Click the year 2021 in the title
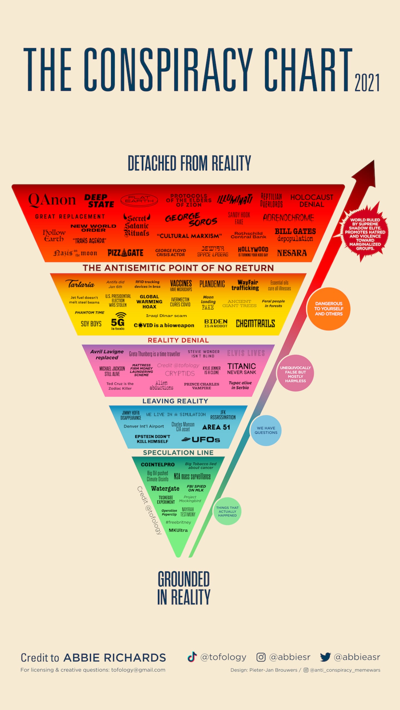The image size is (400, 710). pos(367,82)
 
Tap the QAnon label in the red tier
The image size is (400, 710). pos(52,200)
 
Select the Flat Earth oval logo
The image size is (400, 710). pos(139,200)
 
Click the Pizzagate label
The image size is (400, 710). pos(126,253)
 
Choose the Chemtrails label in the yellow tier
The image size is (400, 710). pos(255,324)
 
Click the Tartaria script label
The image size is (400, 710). pos(80,284)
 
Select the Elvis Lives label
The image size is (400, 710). pos(246,353)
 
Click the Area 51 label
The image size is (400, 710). pos(216,427)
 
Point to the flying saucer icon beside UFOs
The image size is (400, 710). pos(186,439)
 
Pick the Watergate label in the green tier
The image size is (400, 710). pos(165,489)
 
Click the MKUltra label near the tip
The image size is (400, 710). pos(178,530)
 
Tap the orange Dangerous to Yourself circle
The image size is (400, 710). pos(329,309)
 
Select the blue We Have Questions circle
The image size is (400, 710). pos(266,430)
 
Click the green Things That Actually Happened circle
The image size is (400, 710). pos(227,511)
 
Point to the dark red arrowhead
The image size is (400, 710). pos(366,173)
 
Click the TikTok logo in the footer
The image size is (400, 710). pos(192,657)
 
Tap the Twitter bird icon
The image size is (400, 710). pos(325,657)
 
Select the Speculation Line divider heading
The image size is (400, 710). pos(178,453)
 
